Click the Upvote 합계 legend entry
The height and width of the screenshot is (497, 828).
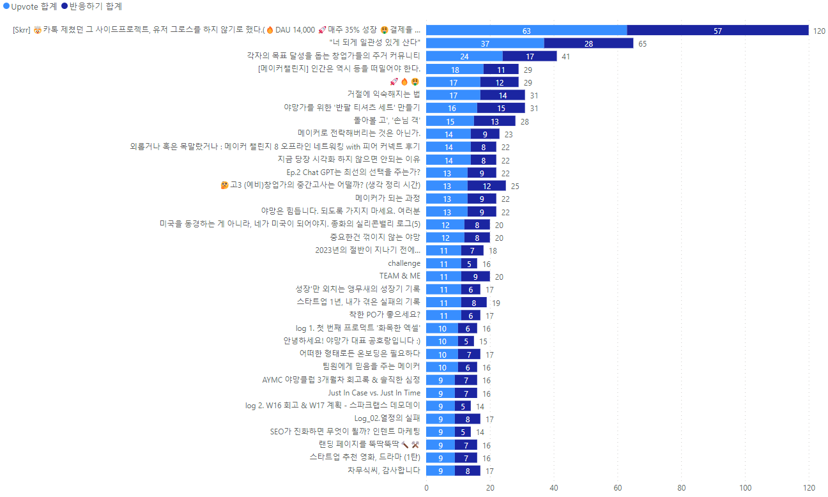tap(30, 6)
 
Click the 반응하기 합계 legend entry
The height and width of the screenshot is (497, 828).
tap(91, 6)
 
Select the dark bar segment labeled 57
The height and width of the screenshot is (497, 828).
tap(717, 30)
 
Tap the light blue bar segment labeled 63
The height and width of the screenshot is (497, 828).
tap(526, 30)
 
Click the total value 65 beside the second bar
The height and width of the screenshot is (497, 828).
tap(643, 43)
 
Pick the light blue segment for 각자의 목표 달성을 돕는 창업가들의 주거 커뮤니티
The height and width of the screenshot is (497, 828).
tap(464, 56)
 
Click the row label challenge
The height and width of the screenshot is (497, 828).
tap(404, 263)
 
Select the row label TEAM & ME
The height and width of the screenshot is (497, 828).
tap(400, 276)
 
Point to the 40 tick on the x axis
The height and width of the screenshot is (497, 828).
tap(554, 488)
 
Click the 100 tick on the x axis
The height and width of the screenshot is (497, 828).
tap(745, 488)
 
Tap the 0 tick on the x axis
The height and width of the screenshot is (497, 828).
tap(426, 488)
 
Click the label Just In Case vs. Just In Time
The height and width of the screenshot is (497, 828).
tap(374, 393)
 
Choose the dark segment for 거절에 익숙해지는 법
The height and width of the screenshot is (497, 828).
tap(502, 95)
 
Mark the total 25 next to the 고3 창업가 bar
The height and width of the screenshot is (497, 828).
tap(515, 186)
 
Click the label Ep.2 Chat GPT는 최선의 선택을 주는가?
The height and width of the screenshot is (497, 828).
tap(353, 172)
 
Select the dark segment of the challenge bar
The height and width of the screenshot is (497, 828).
tap(469, 264)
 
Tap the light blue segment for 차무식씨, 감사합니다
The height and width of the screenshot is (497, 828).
tap(440, 471)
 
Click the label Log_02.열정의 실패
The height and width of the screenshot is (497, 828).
tap(387, 418)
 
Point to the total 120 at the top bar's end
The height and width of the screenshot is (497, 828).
tap(819, 31)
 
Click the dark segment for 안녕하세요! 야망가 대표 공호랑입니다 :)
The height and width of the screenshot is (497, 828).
tap(466, 341)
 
